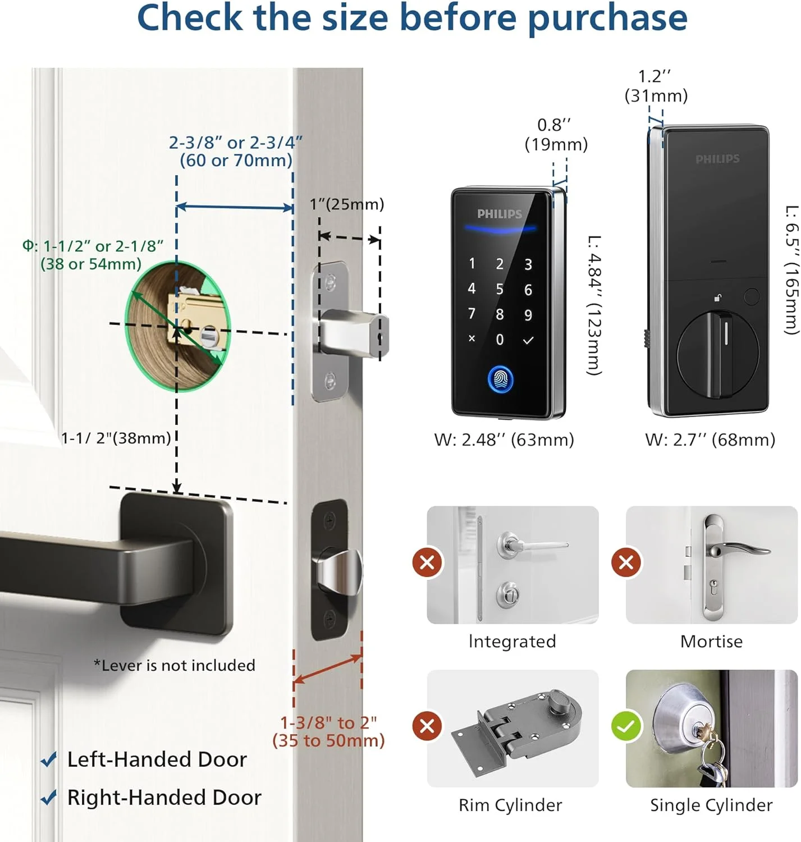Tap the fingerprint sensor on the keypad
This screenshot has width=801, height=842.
click(x=500, y=378)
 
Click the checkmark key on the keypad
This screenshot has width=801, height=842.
click(x=528, y=340)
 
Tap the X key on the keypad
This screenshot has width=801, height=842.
click(x=472, y=338)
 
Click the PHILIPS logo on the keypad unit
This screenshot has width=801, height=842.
click(x=500, y=214)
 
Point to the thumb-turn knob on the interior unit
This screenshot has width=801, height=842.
click(x=717, y=354)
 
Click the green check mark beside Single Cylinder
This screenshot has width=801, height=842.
click(x=626, y=725)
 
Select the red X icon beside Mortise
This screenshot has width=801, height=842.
click(x=626, y=562)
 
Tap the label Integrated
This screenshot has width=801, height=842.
click(x=512, y=642)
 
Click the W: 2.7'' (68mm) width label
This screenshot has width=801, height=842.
click(x=710, y=440)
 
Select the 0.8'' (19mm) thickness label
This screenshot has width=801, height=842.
click(x=556, y=135)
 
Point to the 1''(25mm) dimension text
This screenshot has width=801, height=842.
click(x=346, y=204)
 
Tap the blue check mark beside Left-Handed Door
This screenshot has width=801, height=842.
click(x=48, y=759)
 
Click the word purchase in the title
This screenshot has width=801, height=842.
click(x=607, y=18)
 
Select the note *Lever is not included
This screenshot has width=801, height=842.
click(x=175, y=665)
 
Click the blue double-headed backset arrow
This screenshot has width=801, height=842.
click(x=235, y=207)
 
